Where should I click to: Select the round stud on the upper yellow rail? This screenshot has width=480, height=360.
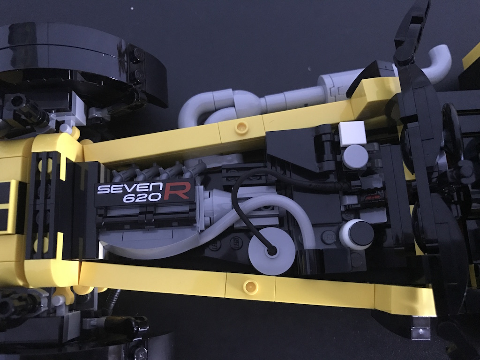tap(242, 127)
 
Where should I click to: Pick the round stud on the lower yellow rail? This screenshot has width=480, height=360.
tap(250, 286)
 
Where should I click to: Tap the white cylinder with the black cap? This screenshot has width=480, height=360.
tap(357, 235)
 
